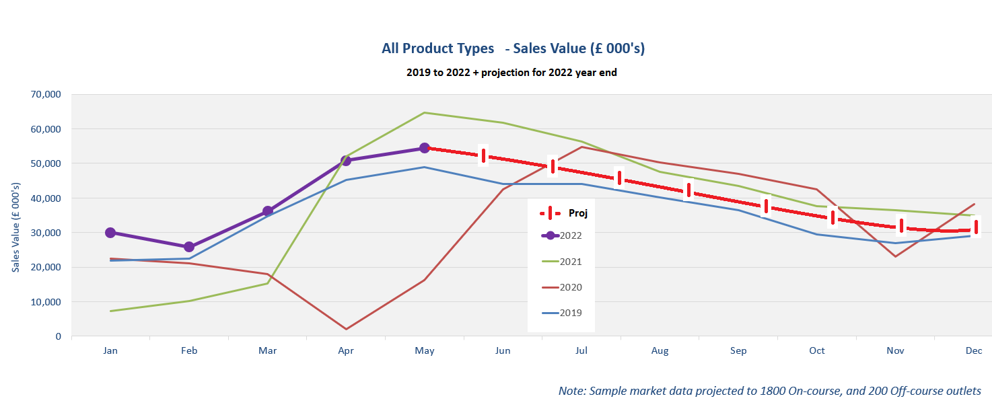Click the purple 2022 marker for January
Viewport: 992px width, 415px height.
click(x=110, y=233)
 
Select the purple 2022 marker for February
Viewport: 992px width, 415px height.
click(x=189, y=247)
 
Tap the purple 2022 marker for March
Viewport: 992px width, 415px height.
click(x=268, y=211)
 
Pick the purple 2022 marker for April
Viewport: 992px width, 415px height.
click(x=346, y=161)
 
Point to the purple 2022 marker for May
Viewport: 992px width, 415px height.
click(x=425, y=148)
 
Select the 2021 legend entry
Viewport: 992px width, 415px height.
click(x=570, y=262)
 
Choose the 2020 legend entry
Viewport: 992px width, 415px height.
click(x=570, y=287)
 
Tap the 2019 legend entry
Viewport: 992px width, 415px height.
click(x=570, y=313)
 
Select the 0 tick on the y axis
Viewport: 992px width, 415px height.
click(x=58, y=336)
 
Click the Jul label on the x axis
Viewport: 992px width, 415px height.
click(x=581, y=351)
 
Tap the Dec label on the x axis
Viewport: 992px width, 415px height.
click(x=974, y=351)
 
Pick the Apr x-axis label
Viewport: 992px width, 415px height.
click(x=346, y=351)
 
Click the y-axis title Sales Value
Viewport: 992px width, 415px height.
click(x=16, y=227)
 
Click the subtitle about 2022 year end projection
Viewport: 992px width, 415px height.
click(x=511, y=73)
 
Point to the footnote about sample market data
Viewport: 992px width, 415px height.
click(x=769, y=391)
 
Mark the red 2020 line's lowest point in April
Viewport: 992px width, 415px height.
click(x=346, y=329)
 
